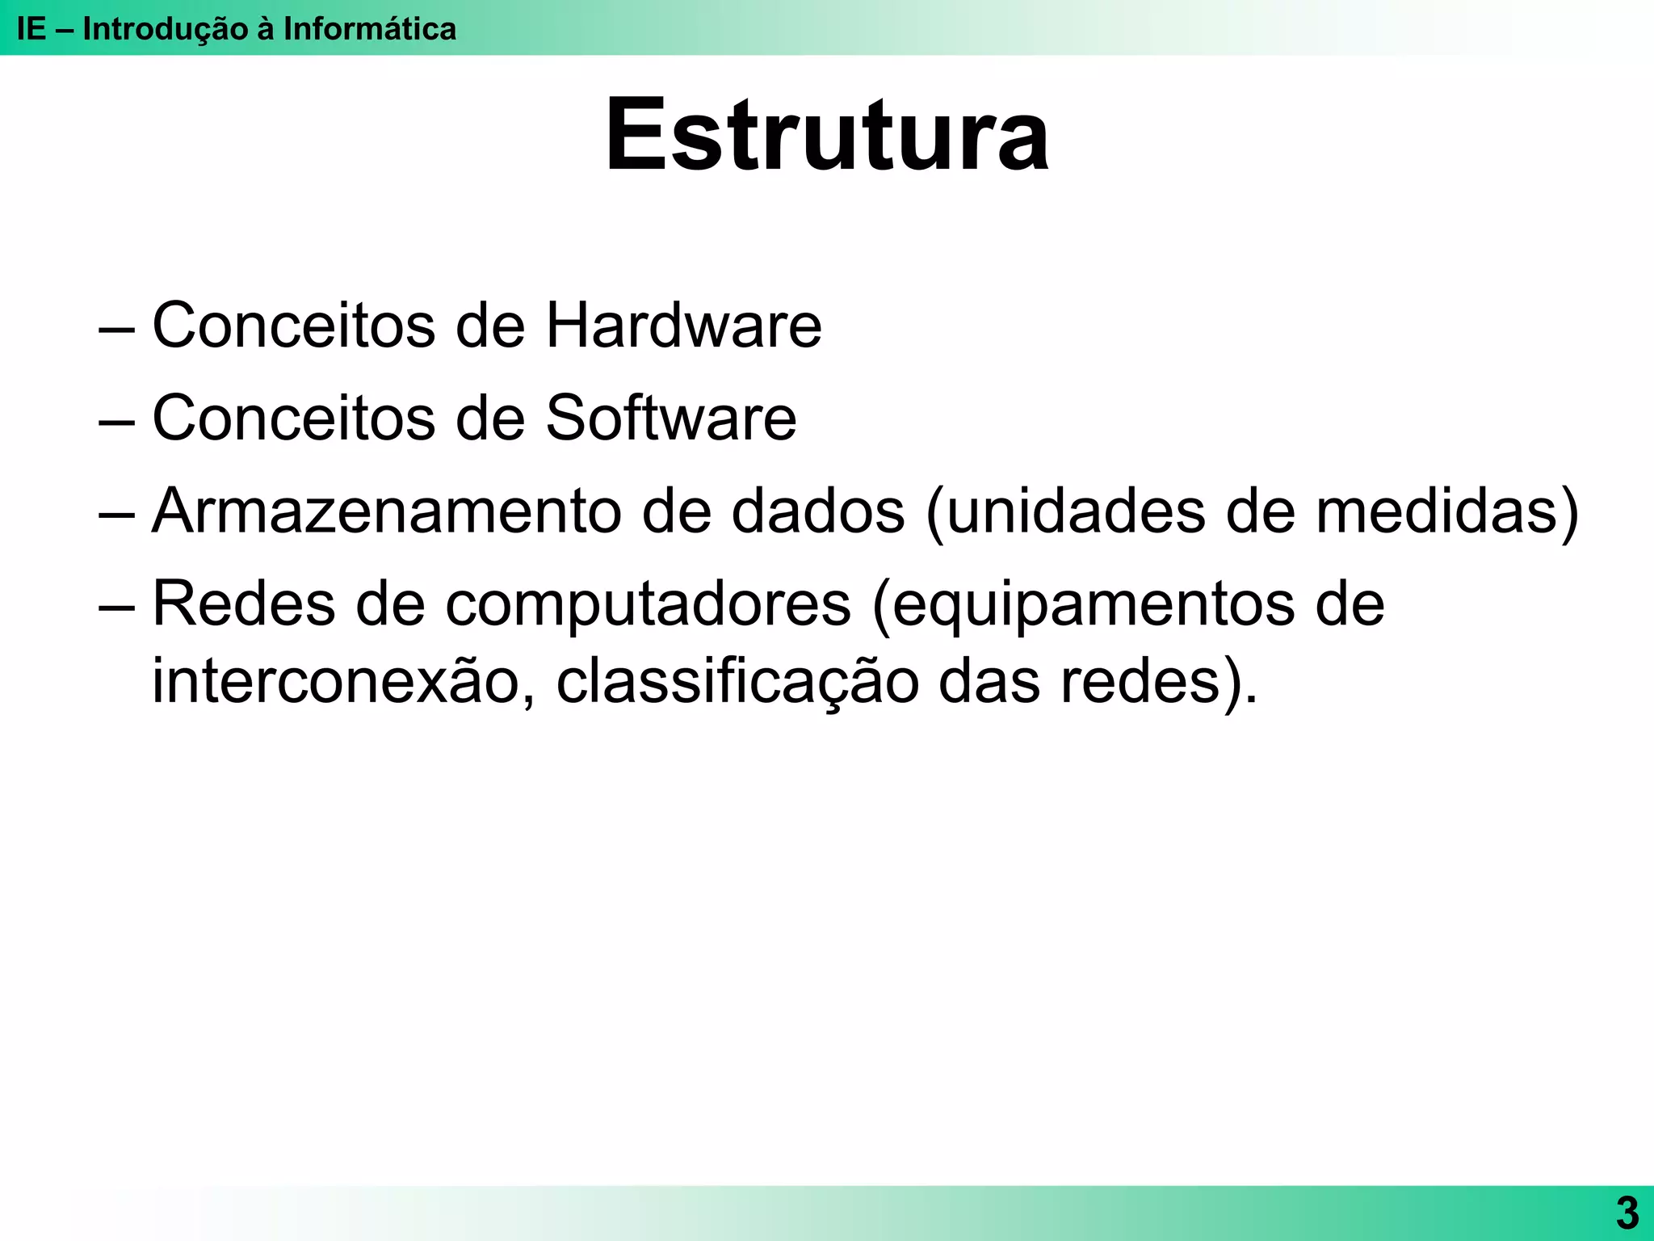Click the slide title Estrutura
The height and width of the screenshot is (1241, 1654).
point(827,135)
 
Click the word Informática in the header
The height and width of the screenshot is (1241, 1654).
point(369,29)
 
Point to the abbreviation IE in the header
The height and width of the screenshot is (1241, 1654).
point(31,29)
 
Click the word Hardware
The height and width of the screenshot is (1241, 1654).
point(683,326)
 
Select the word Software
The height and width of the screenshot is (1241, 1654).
point(670,419)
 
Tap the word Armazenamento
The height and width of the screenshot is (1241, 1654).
point(387,511)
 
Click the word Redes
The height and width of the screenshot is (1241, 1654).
point(243,604)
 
